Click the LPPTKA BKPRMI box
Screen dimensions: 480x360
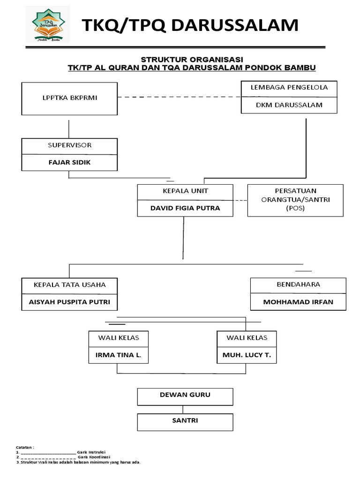pyautogui.click(x=69, y=98)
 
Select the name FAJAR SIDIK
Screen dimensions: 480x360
pyautogui.click(x=69, y=163)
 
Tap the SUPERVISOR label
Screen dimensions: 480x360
pyautogui.click(x=69, y=145)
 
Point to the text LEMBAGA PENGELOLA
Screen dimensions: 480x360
pyautogui.click(x=289, y=88)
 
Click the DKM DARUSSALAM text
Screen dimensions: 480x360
pyautogui.click(x=289, y=105)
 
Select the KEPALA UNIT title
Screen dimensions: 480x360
pyautogui.click(x=185, y=191)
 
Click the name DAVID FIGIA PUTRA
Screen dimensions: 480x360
pyautogui.click(x=185, y=208)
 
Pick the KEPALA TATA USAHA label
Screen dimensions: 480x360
pyautogui.click(x=69, y=285)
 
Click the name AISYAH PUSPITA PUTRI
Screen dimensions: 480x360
pyautogui.click(x=69, y=302)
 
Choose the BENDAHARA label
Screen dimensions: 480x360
pyautogui.click(x=298, y=285)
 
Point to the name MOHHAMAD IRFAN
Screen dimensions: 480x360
pyautogui.click(x=298, y=302)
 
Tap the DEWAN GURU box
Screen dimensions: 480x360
pyautogui.click(x=185, y=395)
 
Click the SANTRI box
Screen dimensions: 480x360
pyautogui.click(x=185, y=421)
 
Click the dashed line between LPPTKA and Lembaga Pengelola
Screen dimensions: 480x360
pyautogui.click(x=178, y=97)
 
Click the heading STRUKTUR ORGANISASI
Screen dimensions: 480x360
pyautogui.click(x=192, y=60)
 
